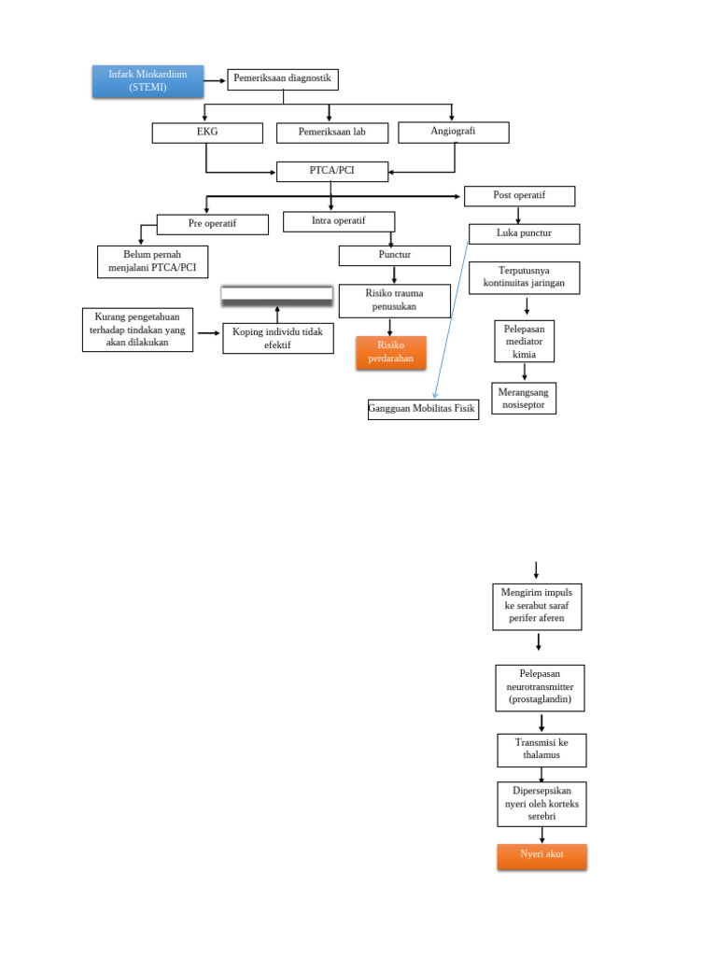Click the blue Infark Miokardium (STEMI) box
click(148, 81)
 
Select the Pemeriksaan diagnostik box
click(282, 79)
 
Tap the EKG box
click(207, 133)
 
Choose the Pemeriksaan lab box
click(331, 133)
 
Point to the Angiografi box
click(453, 132)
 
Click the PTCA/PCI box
click(331, 171)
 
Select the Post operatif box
click(519, 196)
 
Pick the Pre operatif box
click(212, 224)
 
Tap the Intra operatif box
click(338, 221)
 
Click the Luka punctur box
click(524, 233)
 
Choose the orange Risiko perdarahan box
click(390, 352)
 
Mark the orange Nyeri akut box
click(541, 855)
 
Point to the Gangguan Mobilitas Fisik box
click(423, 409)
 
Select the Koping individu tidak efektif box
click(277, 338)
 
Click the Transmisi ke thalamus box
click(541, 750)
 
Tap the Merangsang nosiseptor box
click(523, 398)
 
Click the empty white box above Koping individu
click(276, 294)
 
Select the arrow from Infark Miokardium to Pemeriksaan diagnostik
click(216, 80)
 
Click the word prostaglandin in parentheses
click(541, 699)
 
